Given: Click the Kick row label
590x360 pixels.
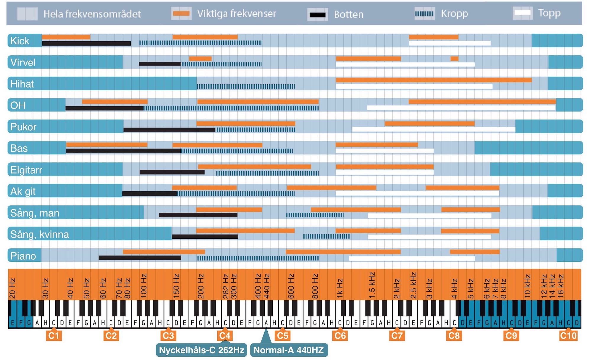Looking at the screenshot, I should (x=20, y=41).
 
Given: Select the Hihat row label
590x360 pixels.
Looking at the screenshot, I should (x=22, y=84).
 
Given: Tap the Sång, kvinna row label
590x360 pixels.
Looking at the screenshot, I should (x=39, y=234).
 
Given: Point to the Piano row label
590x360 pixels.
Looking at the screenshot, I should (x=23, y=256).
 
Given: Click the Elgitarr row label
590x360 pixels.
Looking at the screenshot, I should (x=26, y=170).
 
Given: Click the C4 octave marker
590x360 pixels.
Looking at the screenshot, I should (x=225, y=336).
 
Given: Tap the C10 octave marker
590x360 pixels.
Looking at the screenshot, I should (x=568, y=336).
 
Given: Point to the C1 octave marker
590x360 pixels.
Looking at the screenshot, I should (x=54, y=336).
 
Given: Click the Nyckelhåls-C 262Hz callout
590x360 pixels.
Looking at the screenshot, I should (x=201, y=350).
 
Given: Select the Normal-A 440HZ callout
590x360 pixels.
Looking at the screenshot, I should (x=289, y=350).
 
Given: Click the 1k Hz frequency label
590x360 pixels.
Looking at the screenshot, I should (x=340, y=288).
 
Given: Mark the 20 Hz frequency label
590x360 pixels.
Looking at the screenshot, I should (x=12, y=288).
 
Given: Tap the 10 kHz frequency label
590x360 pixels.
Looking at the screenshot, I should (x=527, y=286).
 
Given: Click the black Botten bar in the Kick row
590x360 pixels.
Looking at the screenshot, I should (x=86, y=43).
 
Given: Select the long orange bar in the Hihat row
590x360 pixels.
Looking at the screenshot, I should (x=434, y=80).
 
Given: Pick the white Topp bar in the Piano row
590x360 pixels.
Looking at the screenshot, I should (x=412, y=258).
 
